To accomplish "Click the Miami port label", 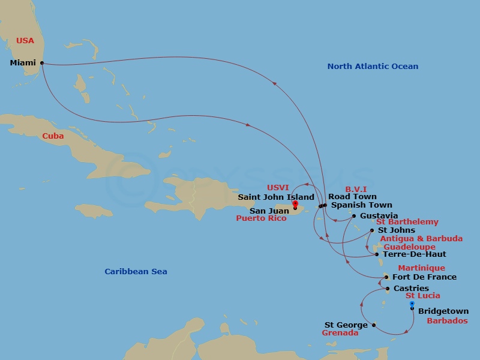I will tap(23, 63).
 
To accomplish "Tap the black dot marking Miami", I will tap(41, 63).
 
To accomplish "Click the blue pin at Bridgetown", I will tap(412, 305).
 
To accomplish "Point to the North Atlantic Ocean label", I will tap(373, 67).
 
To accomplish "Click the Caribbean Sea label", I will tap(136, 272).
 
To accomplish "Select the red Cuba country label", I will tap(53, 136).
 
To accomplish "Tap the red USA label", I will tap(25, 41).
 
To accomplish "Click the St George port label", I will tap(346, 325).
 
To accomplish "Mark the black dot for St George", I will tap(374, 326).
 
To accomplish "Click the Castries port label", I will tap(411, 289).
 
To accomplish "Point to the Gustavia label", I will tap(379, 216).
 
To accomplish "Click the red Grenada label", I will tap(340, 333).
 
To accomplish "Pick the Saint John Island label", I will tap(276, 197).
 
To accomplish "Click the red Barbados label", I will tap(447, 321).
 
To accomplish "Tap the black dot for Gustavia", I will tap(354, 216).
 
